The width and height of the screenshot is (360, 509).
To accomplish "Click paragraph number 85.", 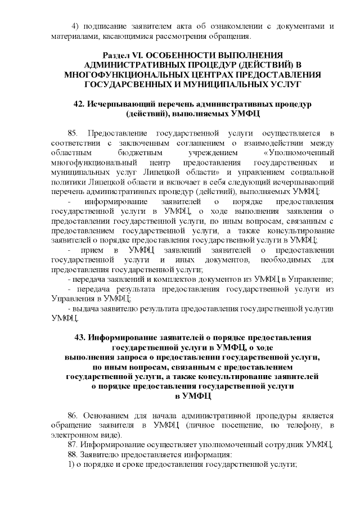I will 72,133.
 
